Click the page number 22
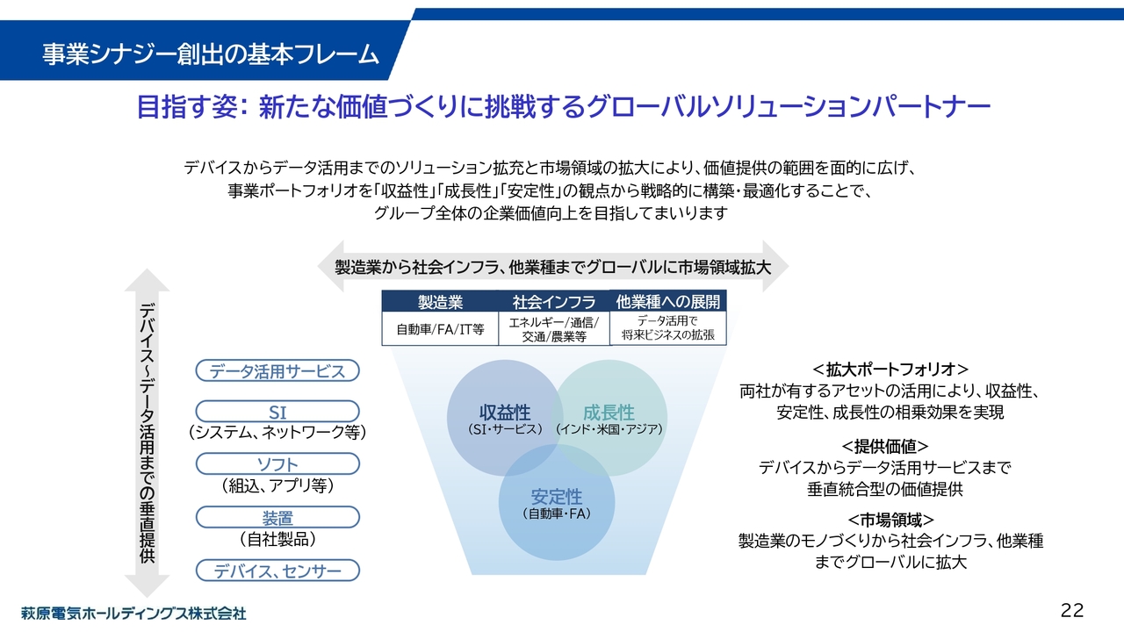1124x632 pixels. click(x=1072, y=610)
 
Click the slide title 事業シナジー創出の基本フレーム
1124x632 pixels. click(x=211, y=54)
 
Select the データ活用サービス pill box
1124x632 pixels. click(x=277, y=371)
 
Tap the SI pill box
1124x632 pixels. click(x=277, y=412)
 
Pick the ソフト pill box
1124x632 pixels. click(x=277, y=463)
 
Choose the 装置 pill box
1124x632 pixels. click(x=277, y=517)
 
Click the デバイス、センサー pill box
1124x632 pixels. click(x=277, y=571)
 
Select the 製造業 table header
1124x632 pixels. click(x=440, y=302)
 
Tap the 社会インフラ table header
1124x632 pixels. click(x=554, y=302)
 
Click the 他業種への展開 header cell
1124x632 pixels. click(x=668, y=302)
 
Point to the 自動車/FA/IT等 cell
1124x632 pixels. click(x=440, y=330)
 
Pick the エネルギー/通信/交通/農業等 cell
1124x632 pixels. click(x=554, y=330)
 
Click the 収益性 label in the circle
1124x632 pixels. click(x=504, y=413)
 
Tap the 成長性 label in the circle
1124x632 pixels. click(x=609, y=413)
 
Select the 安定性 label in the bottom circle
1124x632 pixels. click(x=556, y=496)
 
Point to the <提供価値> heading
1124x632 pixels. click(x=885, y=446)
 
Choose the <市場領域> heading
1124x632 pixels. click(x=890, y=519)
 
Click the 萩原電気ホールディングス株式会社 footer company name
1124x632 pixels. click(x=133, y=613)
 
